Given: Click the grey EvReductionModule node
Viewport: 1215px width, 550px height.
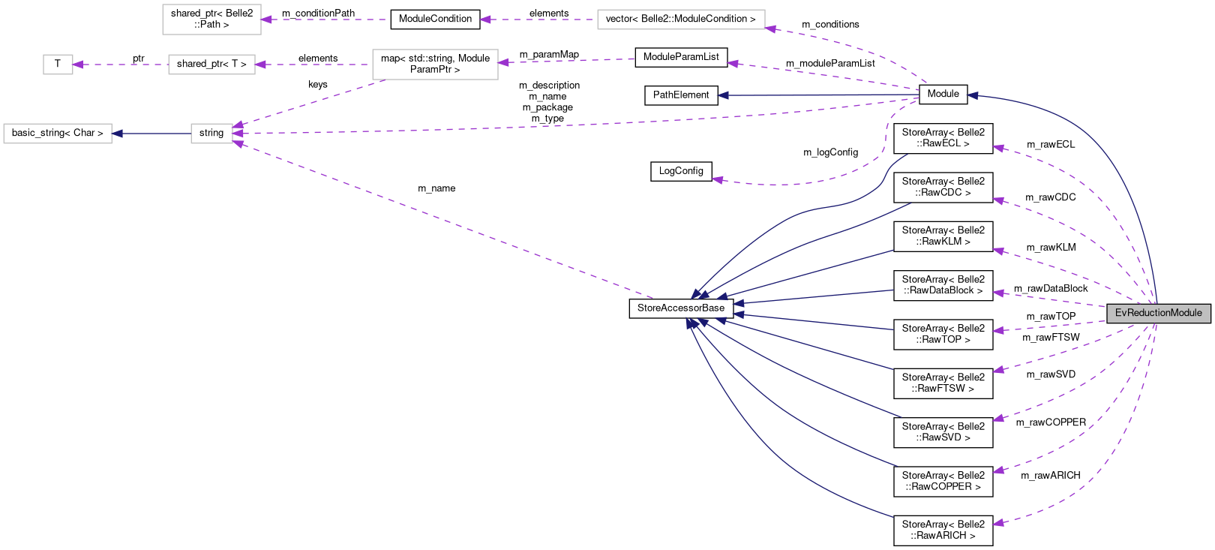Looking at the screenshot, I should pos(1159,313).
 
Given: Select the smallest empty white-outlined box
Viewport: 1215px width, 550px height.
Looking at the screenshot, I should pos(58,65).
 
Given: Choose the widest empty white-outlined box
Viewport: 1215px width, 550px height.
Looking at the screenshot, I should pos(681,20).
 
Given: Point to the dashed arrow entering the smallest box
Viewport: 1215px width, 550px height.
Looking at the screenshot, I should pos(120,65).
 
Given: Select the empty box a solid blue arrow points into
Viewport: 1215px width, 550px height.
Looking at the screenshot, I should pos(58,134).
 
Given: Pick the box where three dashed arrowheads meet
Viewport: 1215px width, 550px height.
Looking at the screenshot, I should pos(211,134).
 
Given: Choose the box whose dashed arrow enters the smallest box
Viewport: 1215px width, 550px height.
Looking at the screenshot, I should pos(211,65).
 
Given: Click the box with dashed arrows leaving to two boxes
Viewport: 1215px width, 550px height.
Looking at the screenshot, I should pos(435,65).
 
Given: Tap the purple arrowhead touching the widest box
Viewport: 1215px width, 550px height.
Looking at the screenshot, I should pos(770,29).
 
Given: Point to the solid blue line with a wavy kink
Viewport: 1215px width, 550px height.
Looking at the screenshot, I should pos(840,203).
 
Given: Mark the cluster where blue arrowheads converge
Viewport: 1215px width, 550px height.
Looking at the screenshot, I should pos(705,308).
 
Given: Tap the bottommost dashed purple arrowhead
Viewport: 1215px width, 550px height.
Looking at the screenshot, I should pos(997,523).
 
